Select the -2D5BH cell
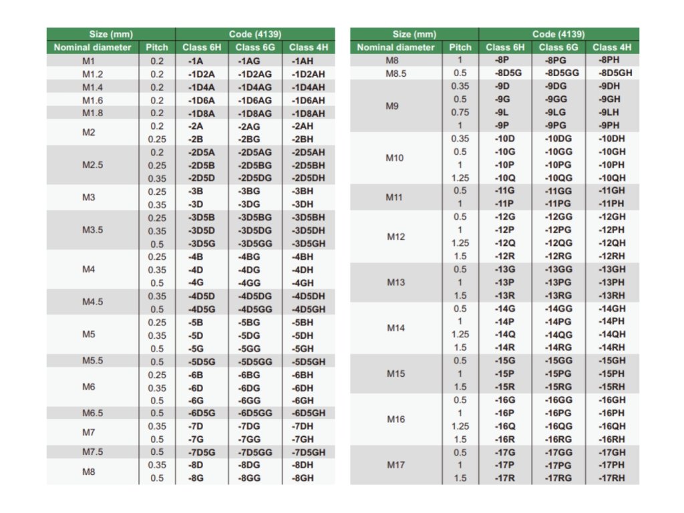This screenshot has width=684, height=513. (308, 166)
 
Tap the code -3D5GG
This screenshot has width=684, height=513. (254, 243)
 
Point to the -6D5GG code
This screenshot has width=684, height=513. (254, 413)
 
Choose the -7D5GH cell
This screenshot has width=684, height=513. (308, 452)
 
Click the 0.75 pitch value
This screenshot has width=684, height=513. (460, 113)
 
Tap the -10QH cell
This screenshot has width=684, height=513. (613, 178)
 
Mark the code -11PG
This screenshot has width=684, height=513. (558, 204)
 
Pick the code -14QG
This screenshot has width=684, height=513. (558, 335)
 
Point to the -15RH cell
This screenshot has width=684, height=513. (613, 387)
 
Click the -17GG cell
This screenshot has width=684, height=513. (558, 452)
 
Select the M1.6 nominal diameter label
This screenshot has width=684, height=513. (92, 100)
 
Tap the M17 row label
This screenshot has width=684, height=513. (396, 465)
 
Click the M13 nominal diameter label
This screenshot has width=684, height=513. (396, 283)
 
